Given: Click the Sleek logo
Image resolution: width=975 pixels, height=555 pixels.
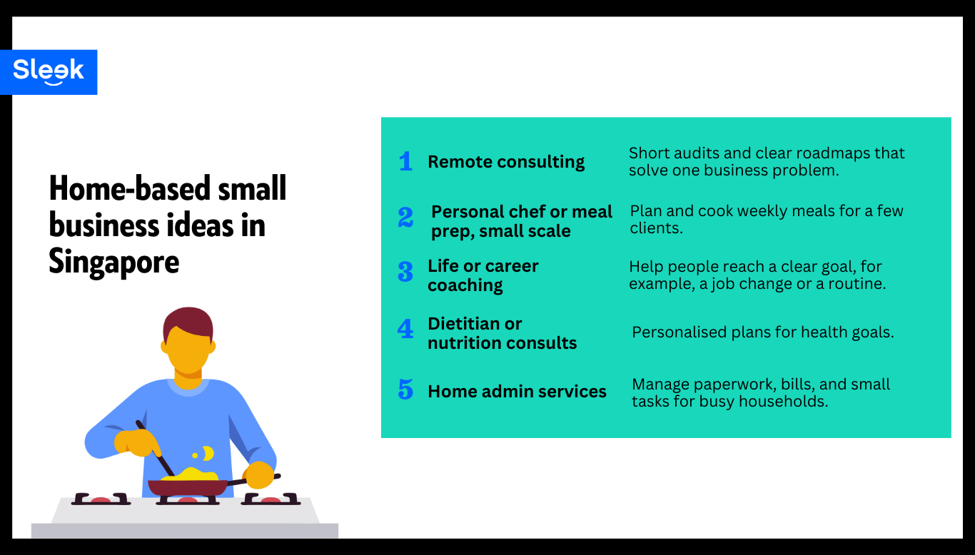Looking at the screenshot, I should (49, 71).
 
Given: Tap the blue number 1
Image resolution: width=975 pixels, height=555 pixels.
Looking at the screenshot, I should (405, 161).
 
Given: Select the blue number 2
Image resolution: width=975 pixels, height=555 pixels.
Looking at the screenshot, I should (405, 217).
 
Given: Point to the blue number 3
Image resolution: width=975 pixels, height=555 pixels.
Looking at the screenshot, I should (405, 272).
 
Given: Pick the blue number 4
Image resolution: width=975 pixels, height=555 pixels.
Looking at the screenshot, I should (405, 329).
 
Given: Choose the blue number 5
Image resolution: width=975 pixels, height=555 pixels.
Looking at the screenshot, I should (405, 389).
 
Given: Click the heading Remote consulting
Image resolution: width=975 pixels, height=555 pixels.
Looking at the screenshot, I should (506, 162).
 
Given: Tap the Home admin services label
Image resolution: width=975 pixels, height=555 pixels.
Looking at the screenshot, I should (517, 392).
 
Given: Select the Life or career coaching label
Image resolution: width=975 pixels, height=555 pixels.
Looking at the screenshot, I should (483, 275).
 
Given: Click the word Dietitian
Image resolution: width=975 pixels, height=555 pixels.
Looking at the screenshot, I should (465, 324).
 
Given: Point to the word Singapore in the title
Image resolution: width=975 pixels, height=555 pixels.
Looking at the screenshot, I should (113, 262).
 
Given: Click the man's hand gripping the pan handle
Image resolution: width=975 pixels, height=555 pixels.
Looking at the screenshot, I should (258, 475).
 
